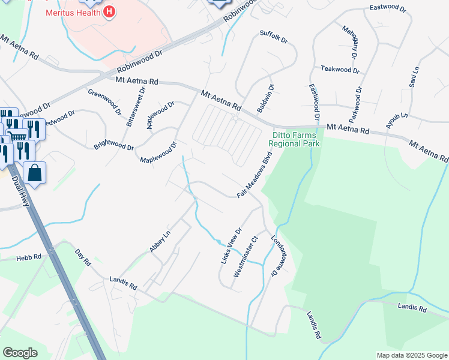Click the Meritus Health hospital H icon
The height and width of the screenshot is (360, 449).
(x=109, y=11)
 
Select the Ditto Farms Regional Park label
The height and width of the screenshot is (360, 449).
(x=294, y=139)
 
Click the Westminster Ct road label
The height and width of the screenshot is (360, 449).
(x=246, y=256)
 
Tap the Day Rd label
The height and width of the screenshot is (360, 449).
(x=83, y=257)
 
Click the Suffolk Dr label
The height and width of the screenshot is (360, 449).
(x=274, y=37)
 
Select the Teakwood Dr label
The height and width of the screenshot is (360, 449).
(x=340, y=70)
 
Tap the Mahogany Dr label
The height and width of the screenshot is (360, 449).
(x=349, y=42)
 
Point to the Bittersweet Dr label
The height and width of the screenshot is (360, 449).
(x=136, y=107)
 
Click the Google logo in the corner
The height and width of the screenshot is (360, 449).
(x=20, y=353)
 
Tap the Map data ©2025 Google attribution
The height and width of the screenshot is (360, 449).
(x=411, y=355)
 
